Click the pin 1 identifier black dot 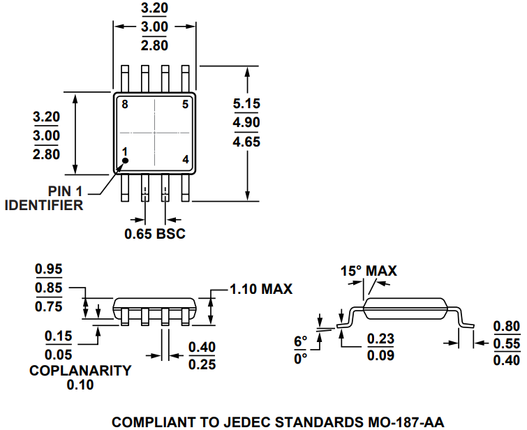(x=126, y=161)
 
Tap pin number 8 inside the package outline (x=125, y=105)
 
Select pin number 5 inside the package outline (x=185, y=105)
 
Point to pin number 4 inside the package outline (x=186, y=159)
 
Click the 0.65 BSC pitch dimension (x=155, y=233)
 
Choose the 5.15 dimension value (x=246, y=104)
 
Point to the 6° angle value (x=300, y=341)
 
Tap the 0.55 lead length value (x=506, y=343)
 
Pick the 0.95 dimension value (x=48, y=269)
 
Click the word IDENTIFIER (x=44, y=205)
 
